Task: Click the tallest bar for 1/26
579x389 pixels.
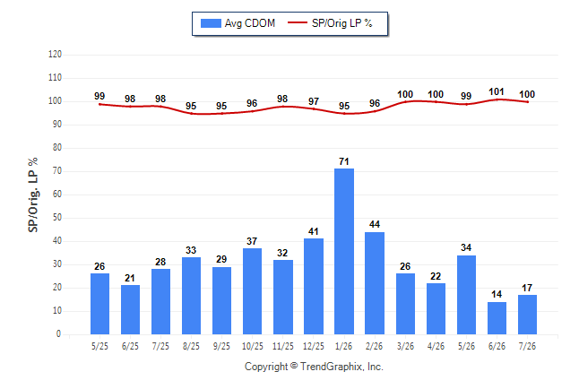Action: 344,251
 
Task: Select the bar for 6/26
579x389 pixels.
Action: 497,318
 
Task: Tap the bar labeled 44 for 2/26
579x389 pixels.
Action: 375,283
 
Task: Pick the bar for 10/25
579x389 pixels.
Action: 252,291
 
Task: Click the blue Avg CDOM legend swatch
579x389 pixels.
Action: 211,23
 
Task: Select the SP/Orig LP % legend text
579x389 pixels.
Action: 342,23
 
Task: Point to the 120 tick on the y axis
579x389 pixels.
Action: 55,55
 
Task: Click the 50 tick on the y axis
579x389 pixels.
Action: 56,218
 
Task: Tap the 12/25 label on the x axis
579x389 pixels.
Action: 313,346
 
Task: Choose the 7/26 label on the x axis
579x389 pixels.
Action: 527,346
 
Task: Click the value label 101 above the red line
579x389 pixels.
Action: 497,91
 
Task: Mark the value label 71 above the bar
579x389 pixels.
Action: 344,161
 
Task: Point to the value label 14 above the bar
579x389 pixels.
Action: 497,294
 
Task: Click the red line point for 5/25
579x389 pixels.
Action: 99,105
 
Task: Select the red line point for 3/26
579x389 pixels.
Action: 405,101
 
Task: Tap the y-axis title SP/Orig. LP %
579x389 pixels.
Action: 33,194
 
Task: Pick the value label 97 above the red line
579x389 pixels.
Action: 314,101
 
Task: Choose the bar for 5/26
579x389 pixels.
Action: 466,295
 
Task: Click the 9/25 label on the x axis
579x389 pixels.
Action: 221,346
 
